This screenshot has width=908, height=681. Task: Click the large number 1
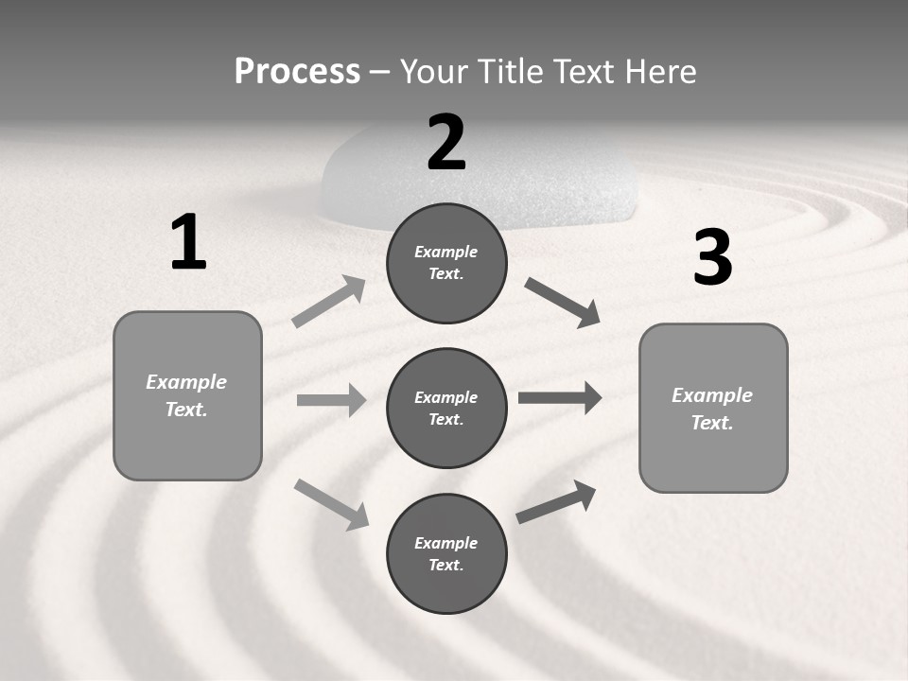188,243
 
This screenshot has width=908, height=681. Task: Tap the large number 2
446,143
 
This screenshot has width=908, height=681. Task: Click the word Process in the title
297,71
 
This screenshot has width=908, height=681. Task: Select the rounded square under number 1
187,395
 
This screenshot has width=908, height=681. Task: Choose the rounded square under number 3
713,408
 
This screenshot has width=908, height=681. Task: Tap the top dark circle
446,263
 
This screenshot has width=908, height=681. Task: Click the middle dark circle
446,408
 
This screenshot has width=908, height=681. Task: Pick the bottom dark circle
446,553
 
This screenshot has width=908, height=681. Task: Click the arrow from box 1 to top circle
329,302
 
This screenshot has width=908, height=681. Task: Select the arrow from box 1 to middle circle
331,400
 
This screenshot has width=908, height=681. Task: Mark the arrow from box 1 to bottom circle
331,504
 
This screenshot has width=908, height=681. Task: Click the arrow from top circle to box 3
562,303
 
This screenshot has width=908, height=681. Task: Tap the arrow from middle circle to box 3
559,398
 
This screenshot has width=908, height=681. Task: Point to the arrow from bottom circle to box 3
556,502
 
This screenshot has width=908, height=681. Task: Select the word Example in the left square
186,382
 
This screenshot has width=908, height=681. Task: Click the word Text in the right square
712,423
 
